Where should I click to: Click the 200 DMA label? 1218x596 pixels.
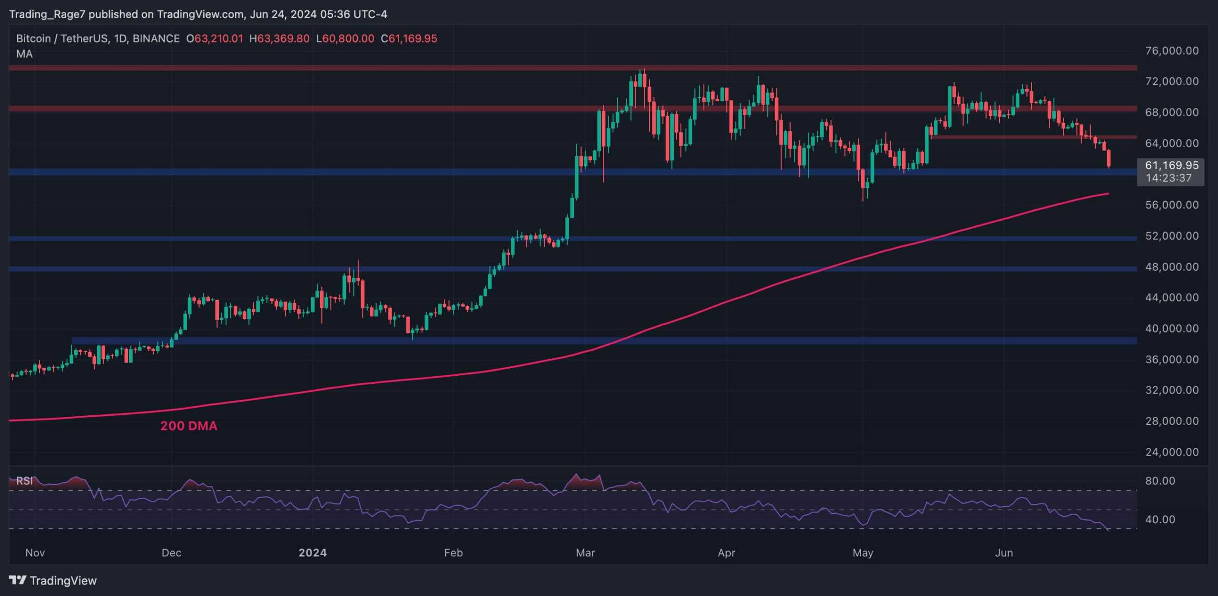click(188, 426)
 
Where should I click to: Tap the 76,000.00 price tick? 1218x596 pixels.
click(1171, 51)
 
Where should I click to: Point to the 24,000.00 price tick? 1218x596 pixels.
click(1171, 452)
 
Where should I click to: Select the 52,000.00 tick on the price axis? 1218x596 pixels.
click(1171, 236)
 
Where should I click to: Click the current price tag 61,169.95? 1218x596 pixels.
click(1171, 166)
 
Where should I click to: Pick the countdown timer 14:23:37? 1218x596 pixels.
click(1169, 178)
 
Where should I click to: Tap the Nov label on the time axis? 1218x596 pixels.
click(35, 553)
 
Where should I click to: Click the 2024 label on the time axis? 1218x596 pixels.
click(312, 553)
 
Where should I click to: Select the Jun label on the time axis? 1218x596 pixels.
click(1004, 553)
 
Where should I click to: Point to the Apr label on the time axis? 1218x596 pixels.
click(726, 553)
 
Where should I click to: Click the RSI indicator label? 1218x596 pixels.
click(24, 481)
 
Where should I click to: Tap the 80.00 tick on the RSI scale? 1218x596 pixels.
click(1160, 481)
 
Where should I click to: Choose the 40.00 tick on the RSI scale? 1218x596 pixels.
click(1160, 519)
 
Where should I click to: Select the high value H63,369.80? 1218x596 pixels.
click(279, 39)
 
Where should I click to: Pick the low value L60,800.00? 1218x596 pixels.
click(345, 39)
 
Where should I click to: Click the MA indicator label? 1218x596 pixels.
click(24, 54)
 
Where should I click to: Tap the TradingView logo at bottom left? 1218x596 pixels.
click(53, 580)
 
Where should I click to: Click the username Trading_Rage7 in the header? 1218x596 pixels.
click(47, 14)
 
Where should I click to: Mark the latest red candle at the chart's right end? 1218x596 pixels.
click(1109, 158)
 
